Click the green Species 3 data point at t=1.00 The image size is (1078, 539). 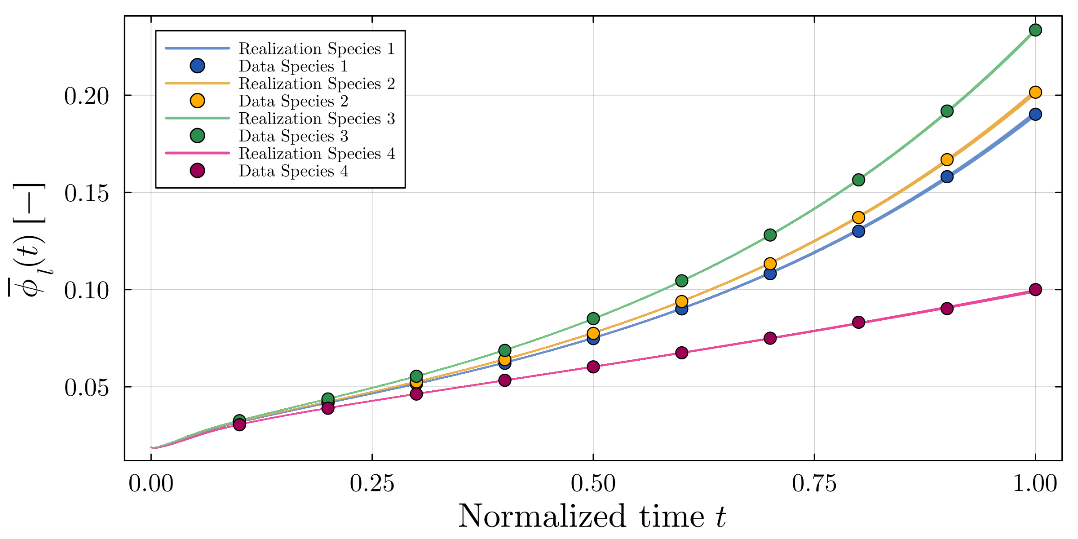[1035, 30]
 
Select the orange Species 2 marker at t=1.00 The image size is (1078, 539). [1035, 92]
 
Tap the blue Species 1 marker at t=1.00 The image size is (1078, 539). [1035, 114]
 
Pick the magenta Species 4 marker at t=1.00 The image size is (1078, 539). [1035, 289]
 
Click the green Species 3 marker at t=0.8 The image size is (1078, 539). [858, 180]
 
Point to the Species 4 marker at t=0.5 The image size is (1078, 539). [593, 367]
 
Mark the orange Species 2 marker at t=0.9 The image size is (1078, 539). [947, 159]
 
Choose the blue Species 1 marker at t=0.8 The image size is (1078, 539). [858, 231]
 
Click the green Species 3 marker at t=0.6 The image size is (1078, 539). [681, 281]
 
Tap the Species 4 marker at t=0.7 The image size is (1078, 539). [770, 338]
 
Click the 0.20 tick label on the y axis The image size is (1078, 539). [86, 96]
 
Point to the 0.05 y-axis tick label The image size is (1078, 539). [86, 388]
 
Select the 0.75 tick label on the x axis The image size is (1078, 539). [814, 484]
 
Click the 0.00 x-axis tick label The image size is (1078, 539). [151, 484]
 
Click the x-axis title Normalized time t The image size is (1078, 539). [592, 517]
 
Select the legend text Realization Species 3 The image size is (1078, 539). [317, 119]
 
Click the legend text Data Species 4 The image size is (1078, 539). [293, 171]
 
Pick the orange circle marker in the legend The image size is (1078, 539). [197, 101]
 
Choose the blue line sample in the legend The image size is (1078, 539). [197, 48]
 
